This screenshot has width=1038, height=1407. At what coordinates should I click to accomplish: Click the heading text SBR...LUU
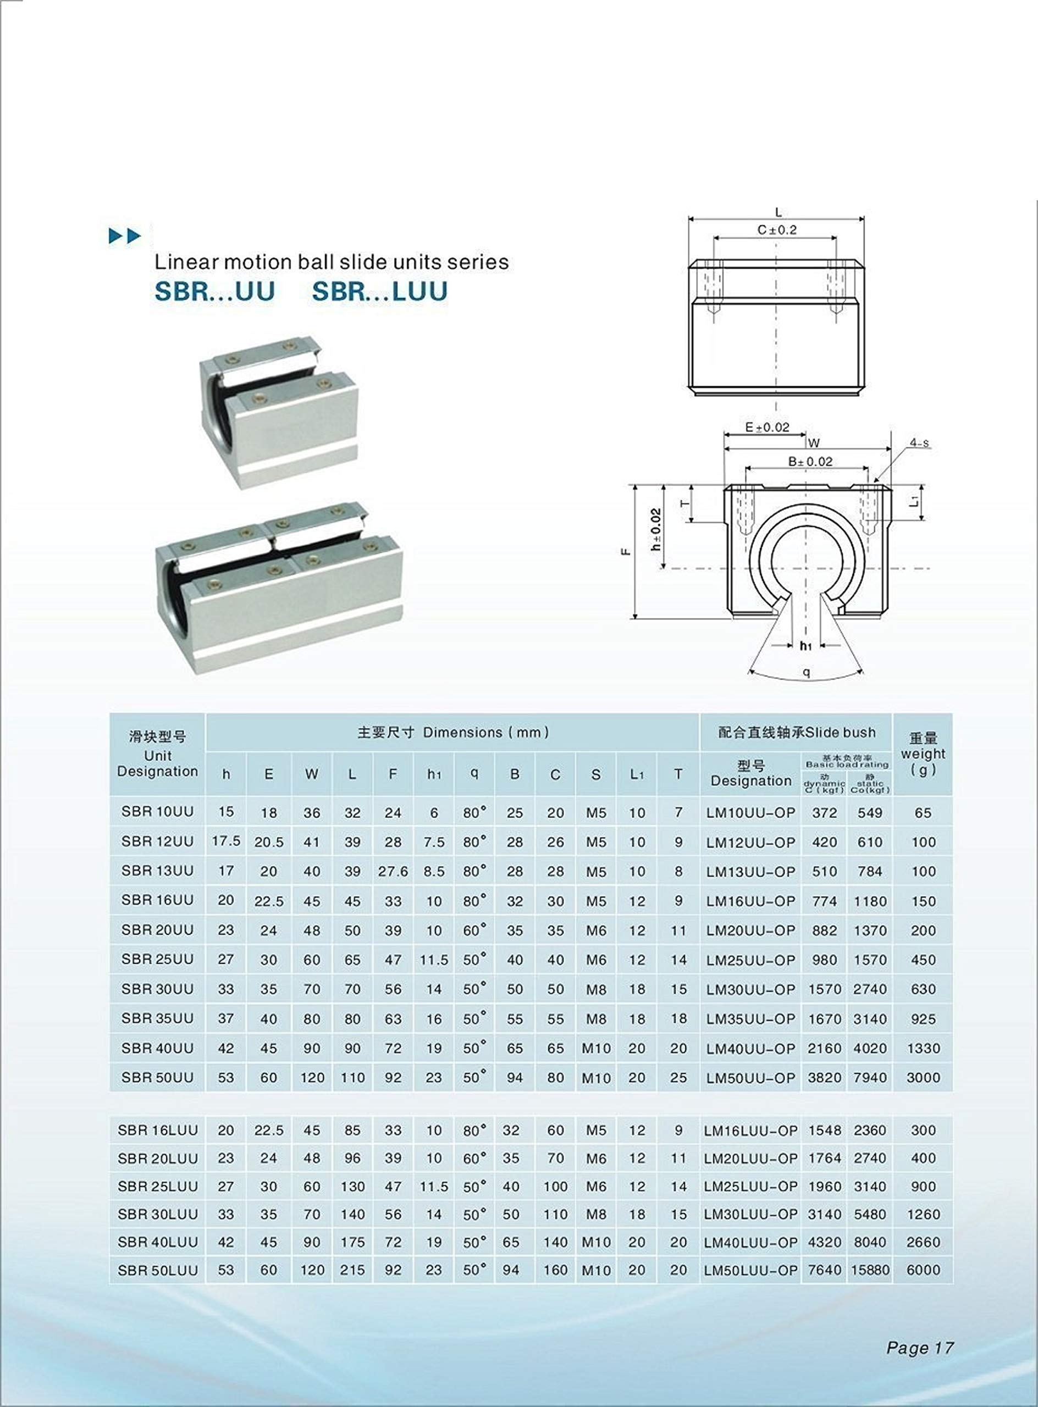379,291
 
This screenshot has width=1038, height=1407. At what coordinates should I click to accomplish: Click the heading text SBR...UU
215,291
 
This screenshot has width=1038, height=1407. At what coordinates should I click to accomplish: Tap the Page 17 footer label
920,1347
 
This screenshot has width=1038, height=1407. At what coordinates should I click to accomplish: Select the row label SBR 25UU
158,959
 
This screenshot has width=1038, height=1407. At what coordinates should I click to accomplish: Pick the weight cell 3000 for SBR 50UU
923,1077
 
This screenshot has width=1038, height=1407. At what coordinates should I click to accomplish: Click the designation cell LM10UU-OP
751,812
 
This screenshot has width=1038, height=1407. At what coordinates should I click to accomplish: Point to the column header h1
434,774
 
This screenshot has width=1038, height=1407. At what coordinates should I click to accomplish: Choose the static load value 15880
870,1270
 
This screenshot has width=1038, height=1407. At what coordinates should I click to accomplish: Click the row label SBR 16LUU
158,1130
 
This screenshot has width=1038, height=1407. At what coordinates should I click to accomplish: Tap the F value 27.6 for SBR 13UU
393,871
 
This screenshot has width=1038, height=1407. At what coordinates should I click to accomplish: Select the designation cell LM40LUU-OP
751,1242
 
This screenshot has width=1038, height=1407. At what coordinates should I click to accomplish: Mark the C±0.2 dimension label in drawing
777,230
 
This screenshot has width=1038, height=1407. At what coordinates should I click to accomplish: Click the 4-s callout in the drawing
919,444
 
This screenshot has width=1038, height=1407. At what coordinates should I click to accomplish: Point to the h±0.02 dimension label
656,529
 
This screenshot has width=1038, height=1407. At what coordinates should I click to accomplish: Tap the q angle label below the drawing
806,673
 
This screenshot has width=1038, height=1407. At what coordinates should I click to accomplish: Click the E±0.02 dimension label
766,427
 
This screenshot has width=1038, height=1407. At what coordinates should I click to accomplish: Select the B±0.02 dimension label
810,462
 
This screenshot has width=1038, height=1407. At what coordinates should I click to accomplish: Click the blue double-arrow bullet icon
125,236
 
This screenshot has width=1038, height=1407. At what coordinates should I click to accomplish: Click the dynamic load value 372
824,812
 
